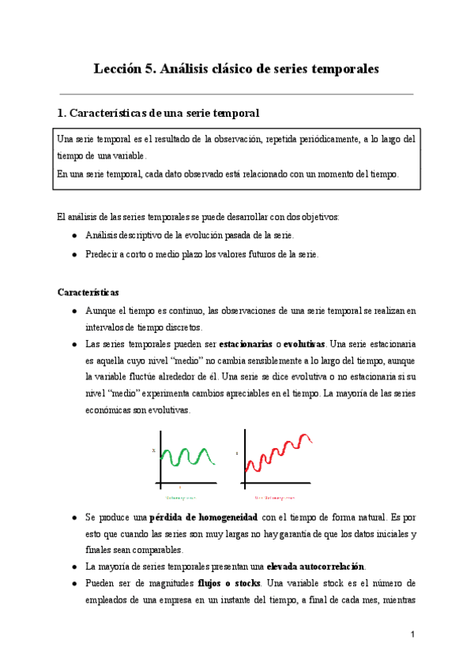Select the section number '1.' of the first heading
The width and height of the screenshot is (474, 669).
click(63, 114)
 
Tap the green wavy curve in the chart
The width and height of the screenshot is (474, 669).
click(186, 457)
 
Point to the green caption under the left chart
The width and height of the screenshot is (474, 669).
click(180, 498)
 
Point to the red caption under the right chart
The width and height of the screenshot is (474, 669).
click(273, 498)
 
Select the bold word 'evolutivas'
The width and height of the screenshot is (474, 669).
click(304, 345)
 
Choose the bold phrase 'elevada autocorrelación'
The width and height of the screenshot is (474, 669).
click(316, 566)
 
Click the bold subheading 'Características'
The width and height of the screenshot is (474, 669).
click(88, 292)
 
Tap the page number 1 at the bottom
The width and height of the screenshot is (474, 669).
click(412, 633)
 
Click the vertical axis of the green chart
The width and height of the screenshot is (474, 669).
click(162, 458)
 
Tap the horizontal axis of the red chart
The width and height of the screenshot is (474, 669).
click(276, 484)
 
